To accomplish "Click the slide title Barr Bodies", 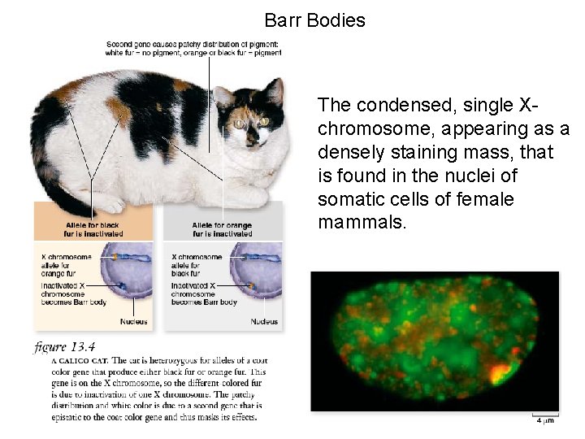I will click(314, 20).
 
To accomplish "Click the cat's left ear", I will click(222, 97).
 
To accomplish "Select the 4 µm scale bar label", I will click(544, 420).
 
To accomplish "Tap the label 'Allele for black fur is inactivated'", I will click(93, 229).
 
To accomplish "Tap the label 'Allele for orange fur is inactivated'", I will click(221, 229).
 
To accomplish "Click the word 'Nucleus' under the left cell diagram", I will click(134, 322).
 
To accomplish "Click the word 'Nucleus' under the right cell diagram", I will click(264, 322).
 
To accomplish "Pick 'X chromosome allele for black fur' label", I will click(196, 265).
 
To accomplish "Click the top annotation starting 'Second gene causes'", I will click(193, 48).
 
